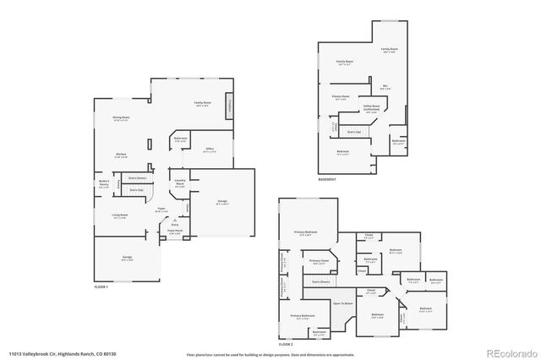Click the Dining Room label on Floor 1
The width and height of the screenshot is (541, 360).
click(x=121, y=118)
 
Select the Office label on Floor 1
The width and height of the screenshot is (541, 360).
click(x=210, y=149)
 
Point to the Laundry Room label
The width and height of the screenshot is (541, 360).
click(x=179, y=182)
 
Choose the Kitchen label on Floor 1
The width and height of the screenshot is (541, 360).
click(x=121, y=155)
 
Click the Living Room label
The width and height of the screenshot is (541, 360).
click(x=120, y=216)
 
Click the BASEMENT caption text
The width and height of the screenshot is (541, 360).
click(x=327, y=179)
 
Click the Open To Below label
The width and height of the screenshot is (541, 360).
click(x=342, y=303)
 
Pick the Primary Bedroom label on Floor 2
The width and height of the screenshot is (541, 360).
click(x=305, y=232)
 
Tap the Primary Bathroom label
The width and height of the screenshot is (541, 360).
click(x=303, y=317)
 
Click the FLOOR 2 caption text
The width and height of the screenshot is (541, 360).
click(x=286, y=345)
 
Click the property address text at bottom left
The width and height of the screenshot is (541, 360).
click(x=62, y=353)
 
